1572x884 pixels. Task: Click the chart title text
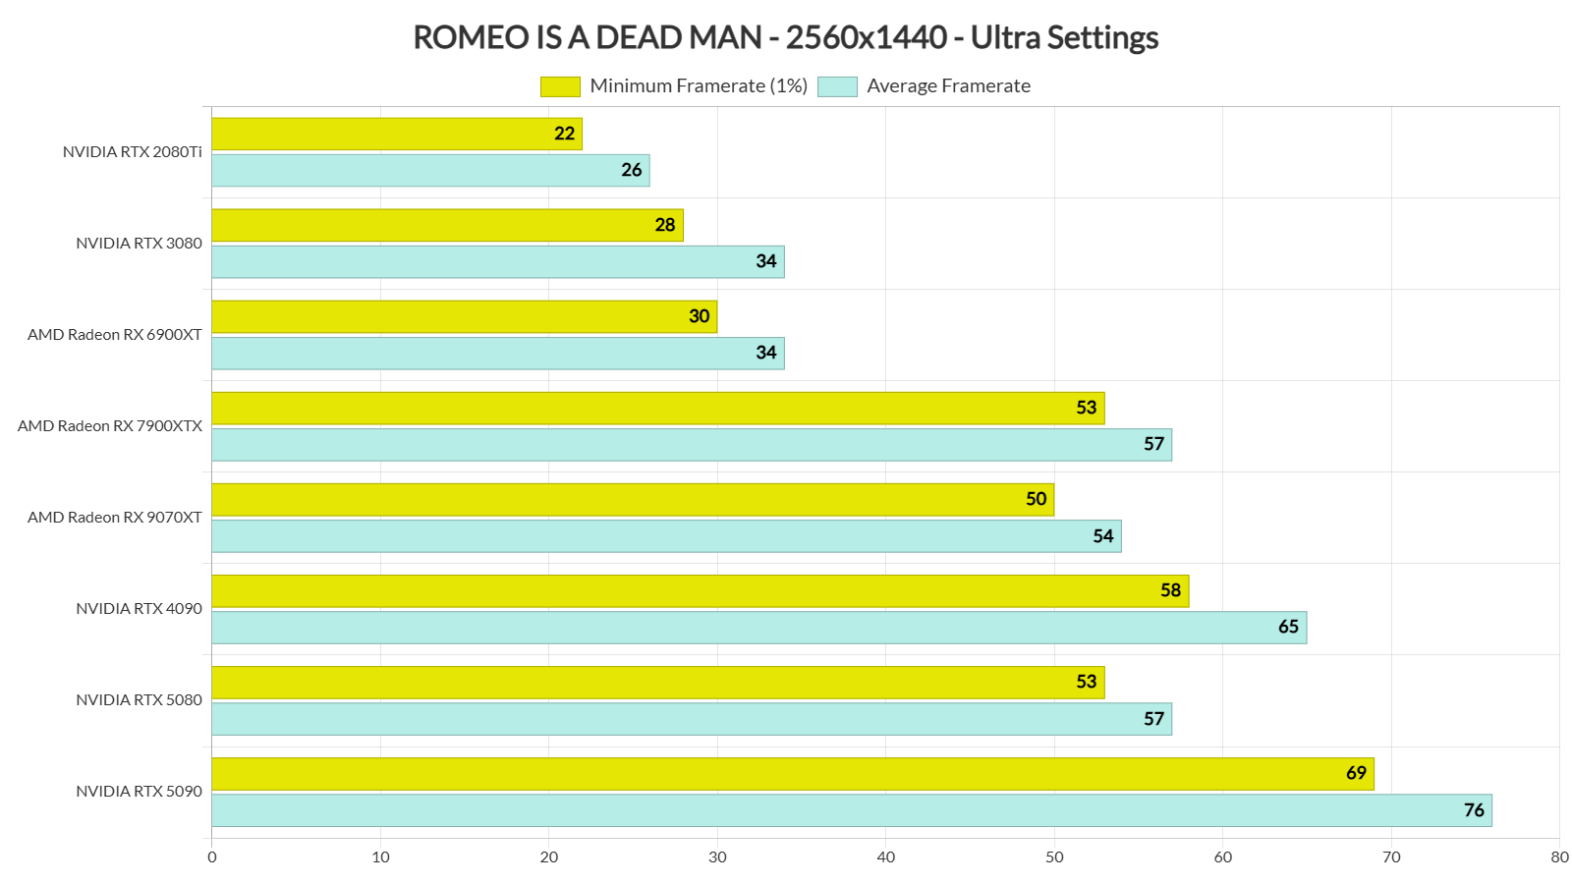tap(785, 37)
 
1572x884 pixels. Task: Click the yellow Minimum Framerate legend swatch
tap(560, 86)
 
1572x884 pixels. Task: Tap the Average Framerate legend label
tap(948, 86)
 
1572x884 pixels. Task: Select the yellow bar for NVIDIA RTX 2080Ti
tap(393, 134)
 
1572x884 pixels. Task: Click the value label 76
tap(1474, 810)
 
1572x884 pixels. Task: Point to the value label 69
tap(1356, 773)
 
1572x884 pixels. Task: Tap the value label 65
tap(1288, 628)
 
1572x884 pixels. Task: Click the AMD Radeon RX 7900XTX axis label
tap(110, 426)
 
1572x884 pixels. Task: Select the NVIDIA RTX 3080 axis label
tap(139, 244)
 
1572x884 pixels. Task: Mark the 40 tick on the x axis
tap(886, 857)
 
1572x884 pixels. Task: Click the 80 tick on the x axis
tap(1559, 857)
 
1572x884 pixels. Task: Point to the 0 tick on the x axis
tap(212, 857)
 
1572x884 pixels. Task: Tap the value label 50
tap(1036, 499)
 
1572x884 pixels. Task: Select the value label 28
tap(665, 225)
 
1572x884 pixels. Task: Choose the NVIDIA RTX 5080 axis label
tap(139, 700)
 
